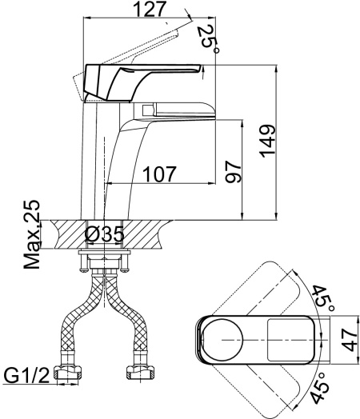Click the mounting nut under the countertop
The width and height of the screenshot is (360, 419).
click(x=104, y=261)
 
